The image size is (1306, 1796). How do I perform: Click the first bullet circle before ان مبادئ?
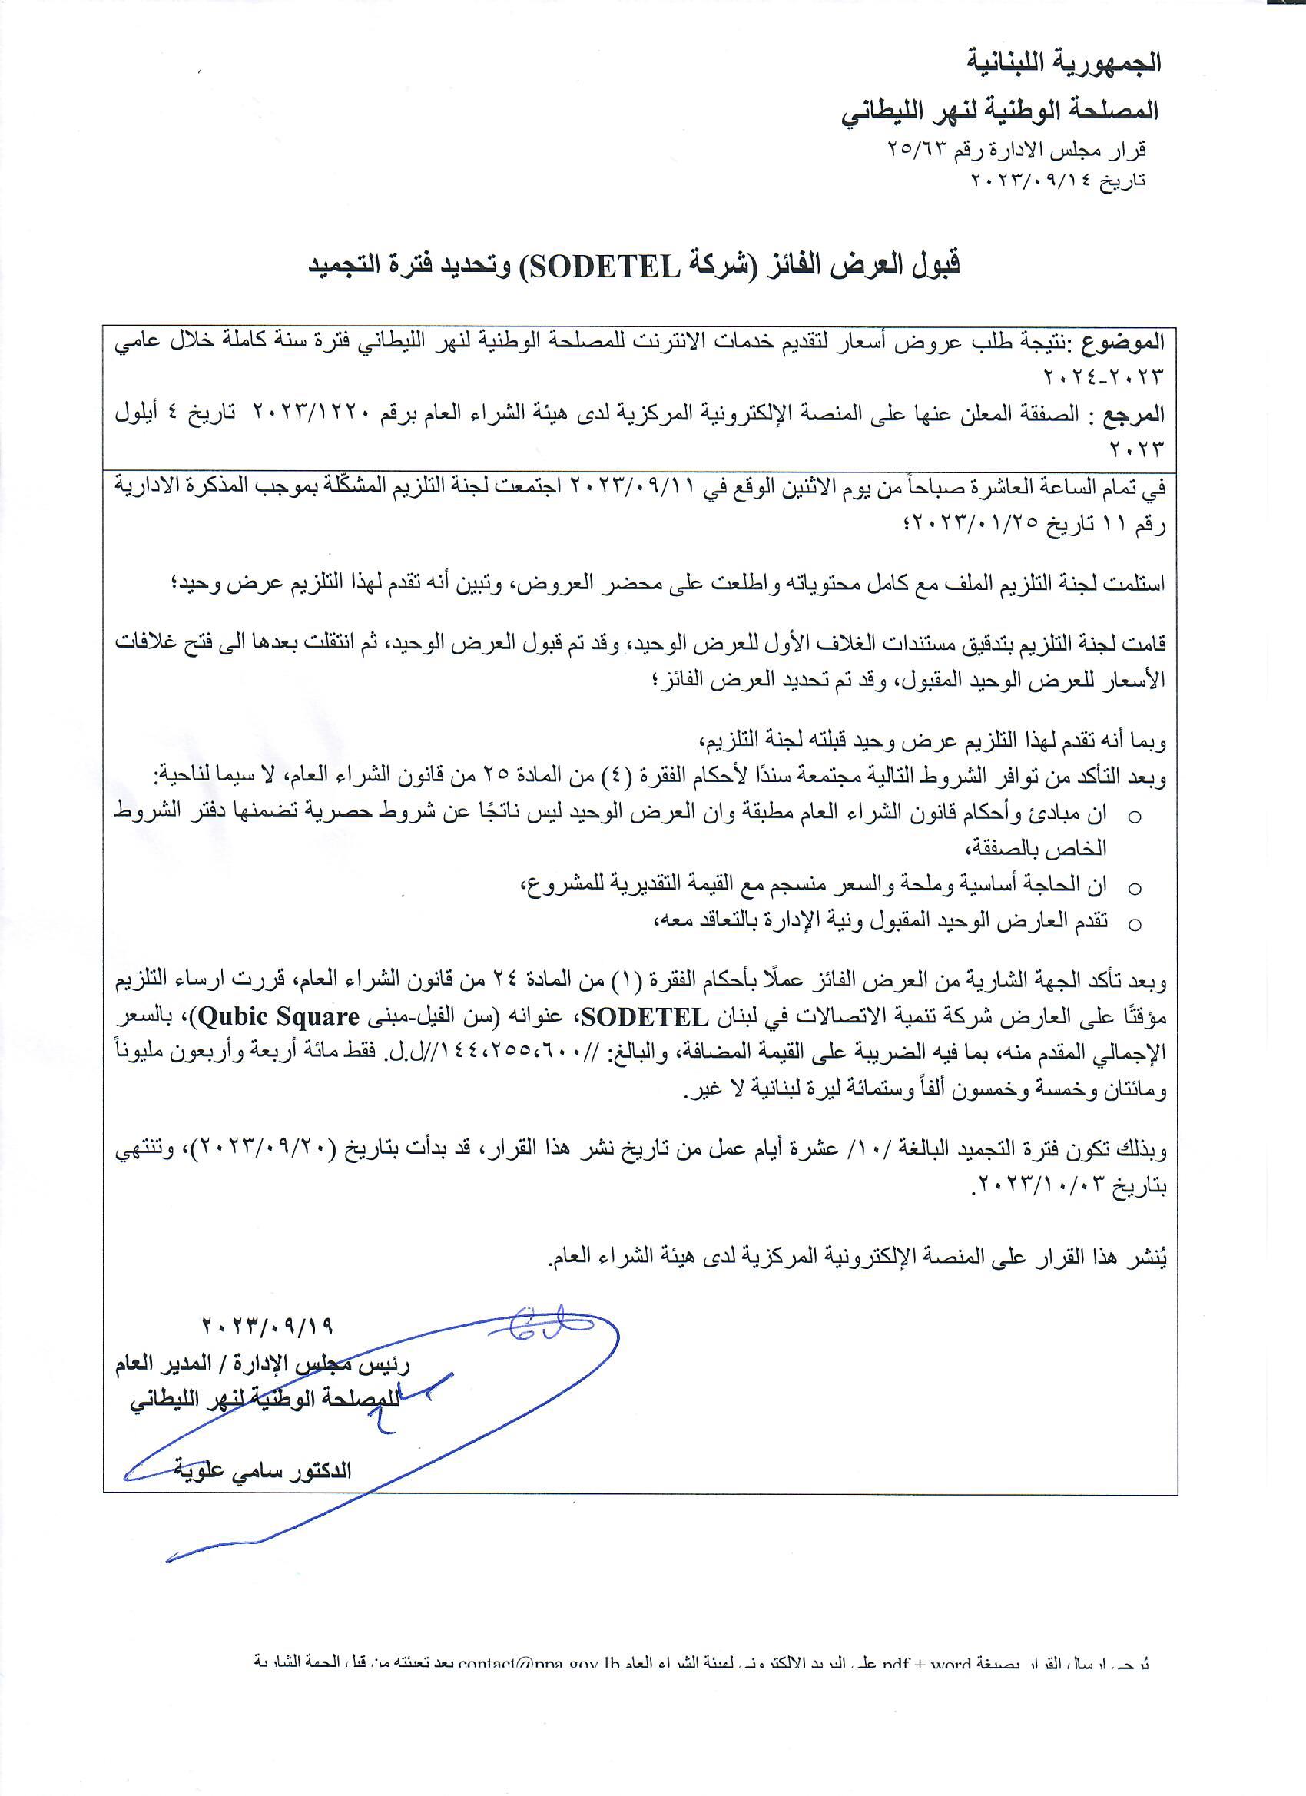(1135, 817)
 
